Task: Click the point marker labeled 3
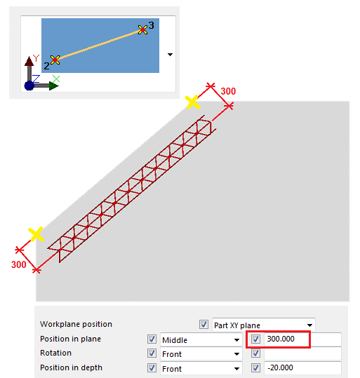coord(142,29)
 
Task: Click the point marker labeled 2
coord(55,60)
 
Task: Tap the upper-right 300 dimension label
coord(228,91)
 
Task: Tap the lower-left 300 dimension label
coord(18,264)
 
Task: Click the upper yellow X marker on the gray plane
coord(192,102)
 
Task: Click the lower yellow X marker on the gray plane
coord(36,234)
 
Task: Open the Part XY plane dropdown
coord(263,325)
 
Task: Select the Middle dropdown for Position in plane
coord(201,340)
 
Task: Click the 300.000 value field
coord(302,339)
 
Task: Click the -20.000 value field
coord(302,367)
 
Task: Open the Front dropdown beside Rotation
coord(201,354)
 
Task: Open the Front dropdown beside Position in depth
coord(201,368)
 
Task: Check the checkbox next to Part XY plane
coord(204,324)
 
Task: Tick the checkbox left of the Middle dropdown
coord(152,339)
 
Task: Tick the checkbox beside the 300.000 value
coord(255,339)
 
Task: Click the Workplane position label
coord(76,324)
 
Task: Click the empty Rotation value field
coord(302,353)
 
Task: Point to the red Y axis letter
coord(36,58)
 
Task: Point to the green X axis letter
coord(56,79)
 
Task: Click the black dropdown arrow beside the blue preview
coord(170,55)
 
